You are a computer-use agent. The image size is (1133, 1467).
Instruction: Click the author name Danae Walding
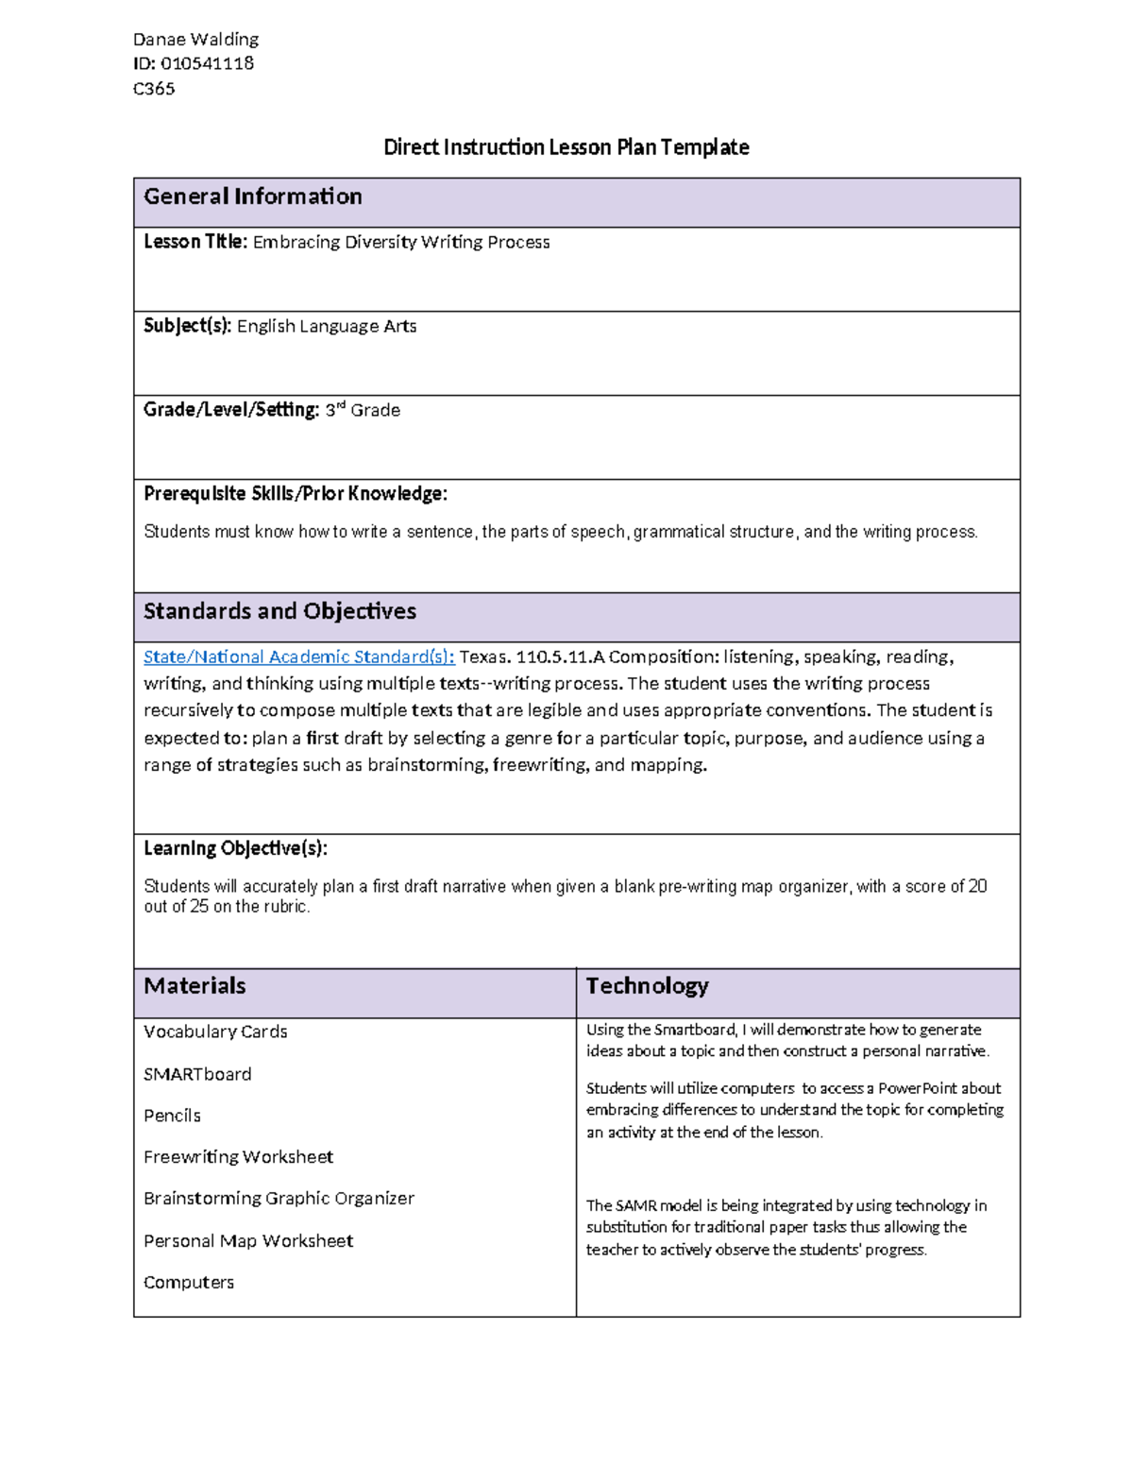point(195,40)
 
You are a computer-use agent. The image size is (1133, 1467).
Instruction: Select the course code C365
point(154,89)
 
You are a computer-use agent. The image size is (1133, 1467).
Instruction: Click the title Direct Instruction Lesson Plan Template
point(566,147)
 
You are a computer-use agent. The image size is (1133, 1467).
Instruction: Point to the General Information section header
point(252,196)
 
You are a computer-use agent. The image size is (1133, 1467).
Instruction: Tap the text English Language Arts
point(327,327)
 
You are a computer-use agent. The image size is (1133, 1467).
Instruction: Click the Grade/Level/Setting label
point(231,410)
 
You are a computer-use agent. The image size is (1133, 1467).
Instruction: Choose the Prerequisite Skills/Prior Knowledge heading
point(296,494)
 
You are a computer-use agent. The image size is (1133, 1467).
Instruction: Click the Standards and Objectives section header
point(279,611)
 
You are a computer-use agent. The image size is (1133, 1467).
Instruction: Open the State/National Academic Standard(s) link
point(298,657)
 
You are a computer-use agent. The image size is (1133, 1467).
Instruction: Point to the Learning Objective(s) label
point(235,848)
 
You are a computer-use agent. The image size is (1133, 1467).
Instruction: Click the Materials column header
point(194,986)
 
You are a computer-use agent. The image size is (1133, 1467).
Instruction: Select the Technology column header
point(647,986)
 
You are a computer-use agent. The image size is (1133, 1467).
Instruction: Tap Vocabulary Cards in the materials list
point(215,1032)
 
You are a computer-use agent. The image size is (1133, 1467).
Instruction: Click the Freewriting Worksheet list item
point(238,1157)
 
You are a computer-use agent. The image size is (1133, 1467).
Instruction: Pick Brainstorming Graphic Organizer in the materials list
point(279,1199)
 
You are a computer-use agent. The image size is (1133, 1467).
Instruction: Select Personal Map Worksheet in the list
point(248,1241)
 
